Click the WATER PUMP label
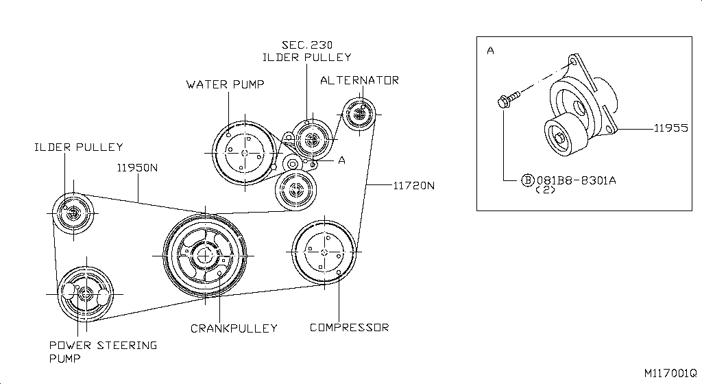226,84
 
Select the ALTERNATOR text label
359,80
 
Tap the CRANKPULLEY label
234,328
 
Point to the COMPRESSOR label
349,327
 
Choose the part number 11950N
137,167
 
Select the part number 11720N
414,185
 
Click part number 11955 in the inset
670,128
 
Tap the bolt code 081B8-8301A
576,180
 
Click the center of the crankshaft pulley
205,256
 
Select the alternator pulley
359,113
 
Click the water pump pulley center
243,153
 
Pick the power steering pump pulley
85,293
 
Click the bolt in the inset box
503,103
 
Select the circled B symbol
527,180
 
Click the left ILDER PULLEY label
79,147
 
